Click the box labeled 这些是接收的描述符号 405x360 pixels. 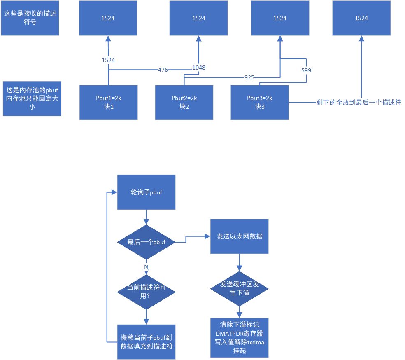(x=30, y=18)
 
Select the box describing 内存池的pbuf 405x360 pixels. (x=32, y=98)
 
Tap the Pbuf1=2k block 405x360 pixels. (x=108, y=102)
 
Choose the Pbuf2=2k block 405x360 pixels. (x=184, y=102)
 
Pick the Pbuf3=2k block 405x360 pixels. (x=260, y=102)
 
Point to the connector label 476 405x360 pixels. (x=163, y=70)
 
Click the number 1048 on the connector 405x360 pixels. (x=198, y=68)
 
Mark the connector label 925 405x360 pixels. (x=249, y=77)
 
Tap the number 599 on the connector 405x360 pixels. (x=306, y=70)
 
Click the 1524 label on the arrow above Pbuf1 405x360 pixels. (x=108, y=60)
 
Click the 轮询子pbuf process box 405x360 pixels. (x=146, y=192)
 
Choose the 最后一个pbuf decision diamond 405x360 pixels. (x=146, y=242)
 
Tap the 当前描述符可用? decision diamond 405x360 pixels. (x=146, y=292)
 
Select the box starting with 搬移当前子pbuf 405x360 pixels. (x=146, y=341)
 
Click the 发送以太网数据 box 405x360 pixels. (x=240, y=236)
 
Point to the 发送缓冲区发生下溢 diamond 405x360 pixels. (x=240, y=288)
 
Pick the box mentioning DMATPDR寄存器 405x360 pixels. (x=240, y=338)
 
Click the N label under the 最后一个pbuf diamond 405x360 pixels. (x=146, y=268)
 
